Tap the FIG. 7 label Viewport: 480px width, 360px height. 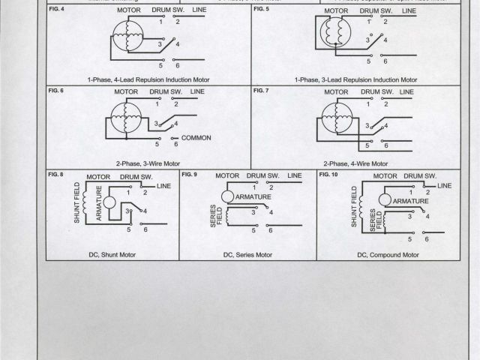pos(261,91)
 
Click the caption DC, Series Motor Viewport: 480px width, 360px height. pos(247,255)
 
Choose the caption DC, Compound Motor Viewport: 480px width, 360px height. pos(387,255)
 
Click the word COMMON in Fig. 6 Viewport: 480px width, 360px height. pos(196,138)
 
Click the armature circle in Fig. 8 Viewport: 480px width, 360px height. pos(109,203)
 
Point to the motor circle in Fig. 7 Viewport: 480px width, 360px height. pos(334,117)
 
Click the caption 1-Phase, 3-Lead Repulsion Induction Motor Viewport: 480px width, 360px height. pos(356,79)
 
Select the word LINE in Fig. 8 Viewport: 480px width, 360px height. pos(163,184)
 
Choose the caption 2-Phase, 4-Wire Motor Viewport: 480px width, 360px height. pos(355,163)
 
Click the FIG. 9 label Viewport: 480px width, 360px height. pos(189,174)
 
